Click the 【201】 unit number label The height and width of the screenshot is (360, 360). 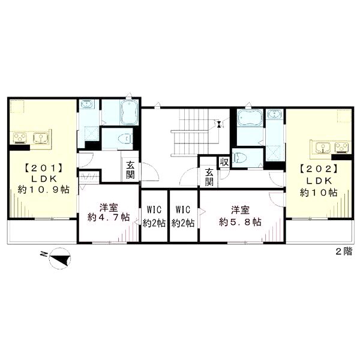pos(44,169)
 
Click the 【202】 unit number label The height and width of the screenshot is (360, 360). pos(319,169)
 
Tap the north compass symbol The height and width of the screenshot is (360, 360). pos(59,258)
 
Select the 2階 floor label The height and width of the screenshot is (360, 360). pos(344,251)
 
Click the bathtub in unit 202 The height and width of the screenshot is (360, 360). pos(250,117)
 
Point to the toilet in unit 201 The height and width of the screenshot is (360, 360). pos(125,139)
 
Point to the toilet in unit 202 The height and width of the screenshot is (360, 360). pos(239,158)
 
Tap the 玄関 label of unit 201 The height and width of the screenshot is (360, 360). pos(130,170)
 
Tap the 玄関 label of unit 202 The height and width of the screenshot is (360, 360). pos(209,176)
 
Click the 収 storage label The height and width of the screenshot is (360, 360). pos(224,163)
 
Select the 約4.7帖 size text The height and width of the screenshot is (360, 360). pos(109,217)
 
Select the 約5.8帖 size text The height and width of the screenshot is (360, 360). pos(240,222)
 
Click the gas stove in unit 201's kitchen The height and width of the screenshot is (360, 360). pos(20,138)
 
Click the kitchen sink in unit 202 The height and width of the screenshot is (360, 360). pos(323,147)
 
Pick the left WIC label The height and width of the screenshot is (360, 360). pos(154,209)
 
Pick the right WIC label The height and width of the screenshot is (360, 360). pos(183,209)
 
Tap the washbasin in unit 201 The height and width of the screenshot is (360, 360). pos(86,104)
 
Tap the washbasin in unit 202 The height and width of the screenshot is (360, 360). pos(275,113)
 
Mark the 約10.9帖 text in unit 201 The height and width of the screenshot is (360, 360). pos(44,190)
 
